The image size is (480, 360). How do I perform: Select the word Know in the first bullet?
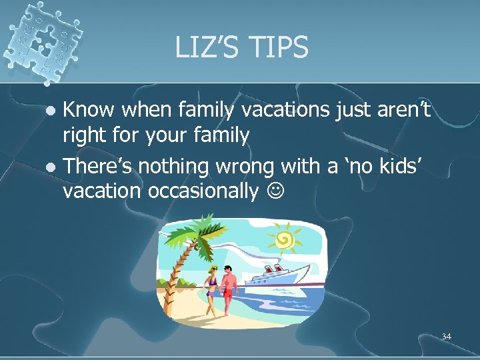(89, 111)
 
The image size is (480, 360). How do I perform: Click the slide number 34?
(446, 337)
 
